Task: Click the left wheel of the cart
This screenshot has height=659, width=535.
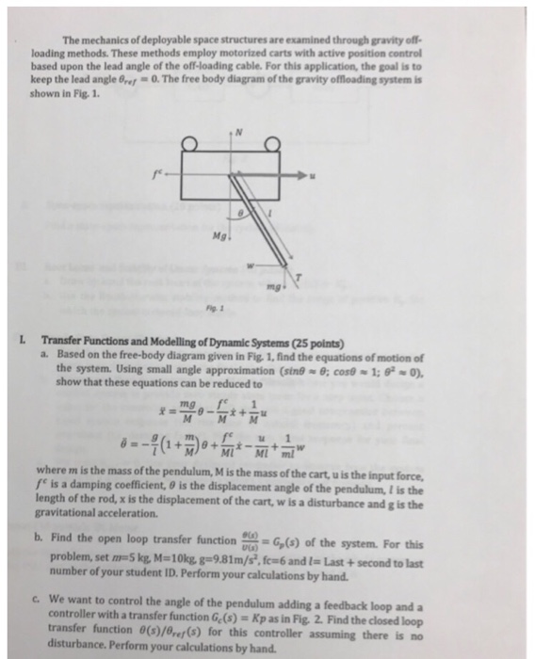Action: tap(192, 144)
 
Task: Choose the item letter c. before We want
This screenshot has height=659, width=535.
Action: tap(45, 596)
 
